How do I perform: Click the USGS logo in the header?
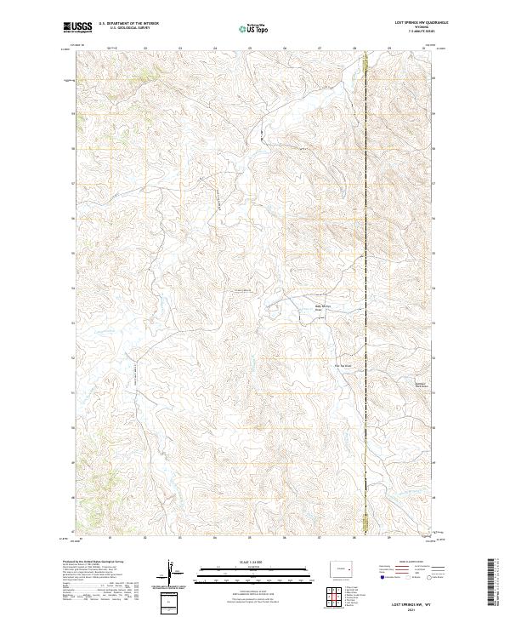pos(76,26)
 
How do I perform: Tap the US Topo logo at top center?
pos(254,27)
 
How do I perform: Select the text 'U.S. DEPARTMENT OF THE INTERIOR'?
pos(128,24)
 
